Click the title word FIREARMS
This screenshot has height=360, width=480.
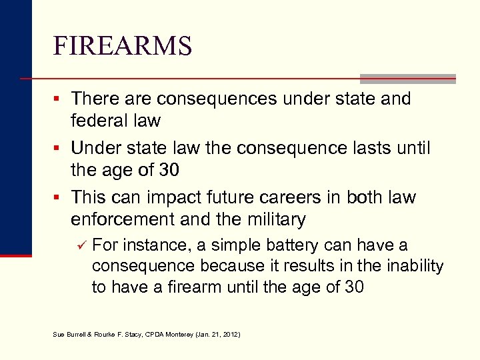click(123, 46)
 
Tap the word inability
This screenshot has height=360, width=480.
click(413, 266)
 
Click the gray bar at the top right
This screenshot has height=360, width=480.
click(407, 79)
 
